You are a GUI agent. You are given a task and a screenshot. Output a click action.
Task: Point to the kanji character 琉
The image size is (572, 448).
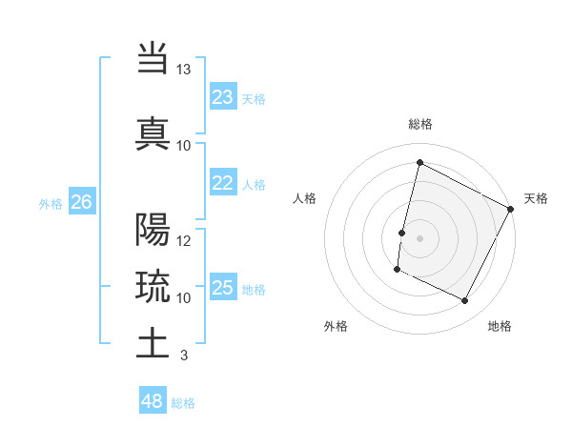[x=153, y=286]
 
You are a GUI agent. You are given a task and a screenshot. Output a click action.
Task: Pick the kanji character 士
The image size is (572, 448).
[x=153, y=343]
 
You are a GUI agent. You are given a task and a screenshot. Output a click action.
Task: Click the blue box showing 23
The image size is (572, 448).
[x=223, y=97]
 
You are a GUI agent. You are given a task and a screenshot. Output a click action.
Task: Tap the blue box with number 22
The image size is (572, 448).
[x=223, y=184]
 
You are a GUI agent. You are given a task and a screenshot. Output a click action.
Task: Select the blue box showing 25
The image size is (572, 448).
[x=223, y=288]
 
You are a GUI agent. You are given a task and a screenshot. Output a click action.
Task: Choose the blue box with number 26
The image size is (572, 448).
[x=81, y=202]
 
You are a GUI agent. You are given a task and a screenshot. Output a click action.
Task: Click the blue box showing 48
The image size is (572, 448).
[x=153, y=401]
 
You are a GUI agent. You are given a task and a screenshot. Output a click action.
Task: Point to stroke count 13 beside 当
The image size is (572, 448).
[x=184, y=70]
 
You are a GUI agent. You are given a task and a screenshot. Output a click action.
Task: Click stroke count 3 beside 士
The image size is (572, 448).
[x=183, y=356]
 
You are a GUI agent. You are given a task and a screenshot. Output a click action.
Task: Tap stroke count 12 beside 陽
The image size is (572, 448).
[x=184, y=241]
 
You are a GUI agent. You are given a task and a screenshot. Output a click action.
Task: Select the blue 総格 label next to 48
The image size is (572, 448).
[x=183, y=403]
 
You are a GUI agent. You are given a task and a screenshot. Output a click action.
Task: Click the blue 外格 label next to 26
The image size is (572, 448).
[x=50, y=203]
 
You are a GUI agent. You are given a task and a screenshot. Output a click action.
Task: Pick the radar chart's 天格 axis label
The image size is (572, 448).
[x=536, y=198]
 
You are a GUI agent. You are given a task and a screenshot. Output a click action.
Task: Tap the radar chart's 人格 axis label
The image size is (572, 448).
[x=305, y=198]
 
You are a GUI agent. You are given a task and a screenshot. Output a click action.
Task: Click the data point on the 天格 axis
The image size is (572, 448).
[x=511, y=209]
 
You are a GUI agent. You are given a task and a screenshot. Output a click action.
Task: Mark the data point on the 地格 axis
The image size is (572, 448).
[x=465, y=301]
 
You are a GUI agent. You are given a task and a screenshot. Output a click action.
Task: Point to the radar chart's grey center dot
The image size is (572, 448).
[x=419, y=237]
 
